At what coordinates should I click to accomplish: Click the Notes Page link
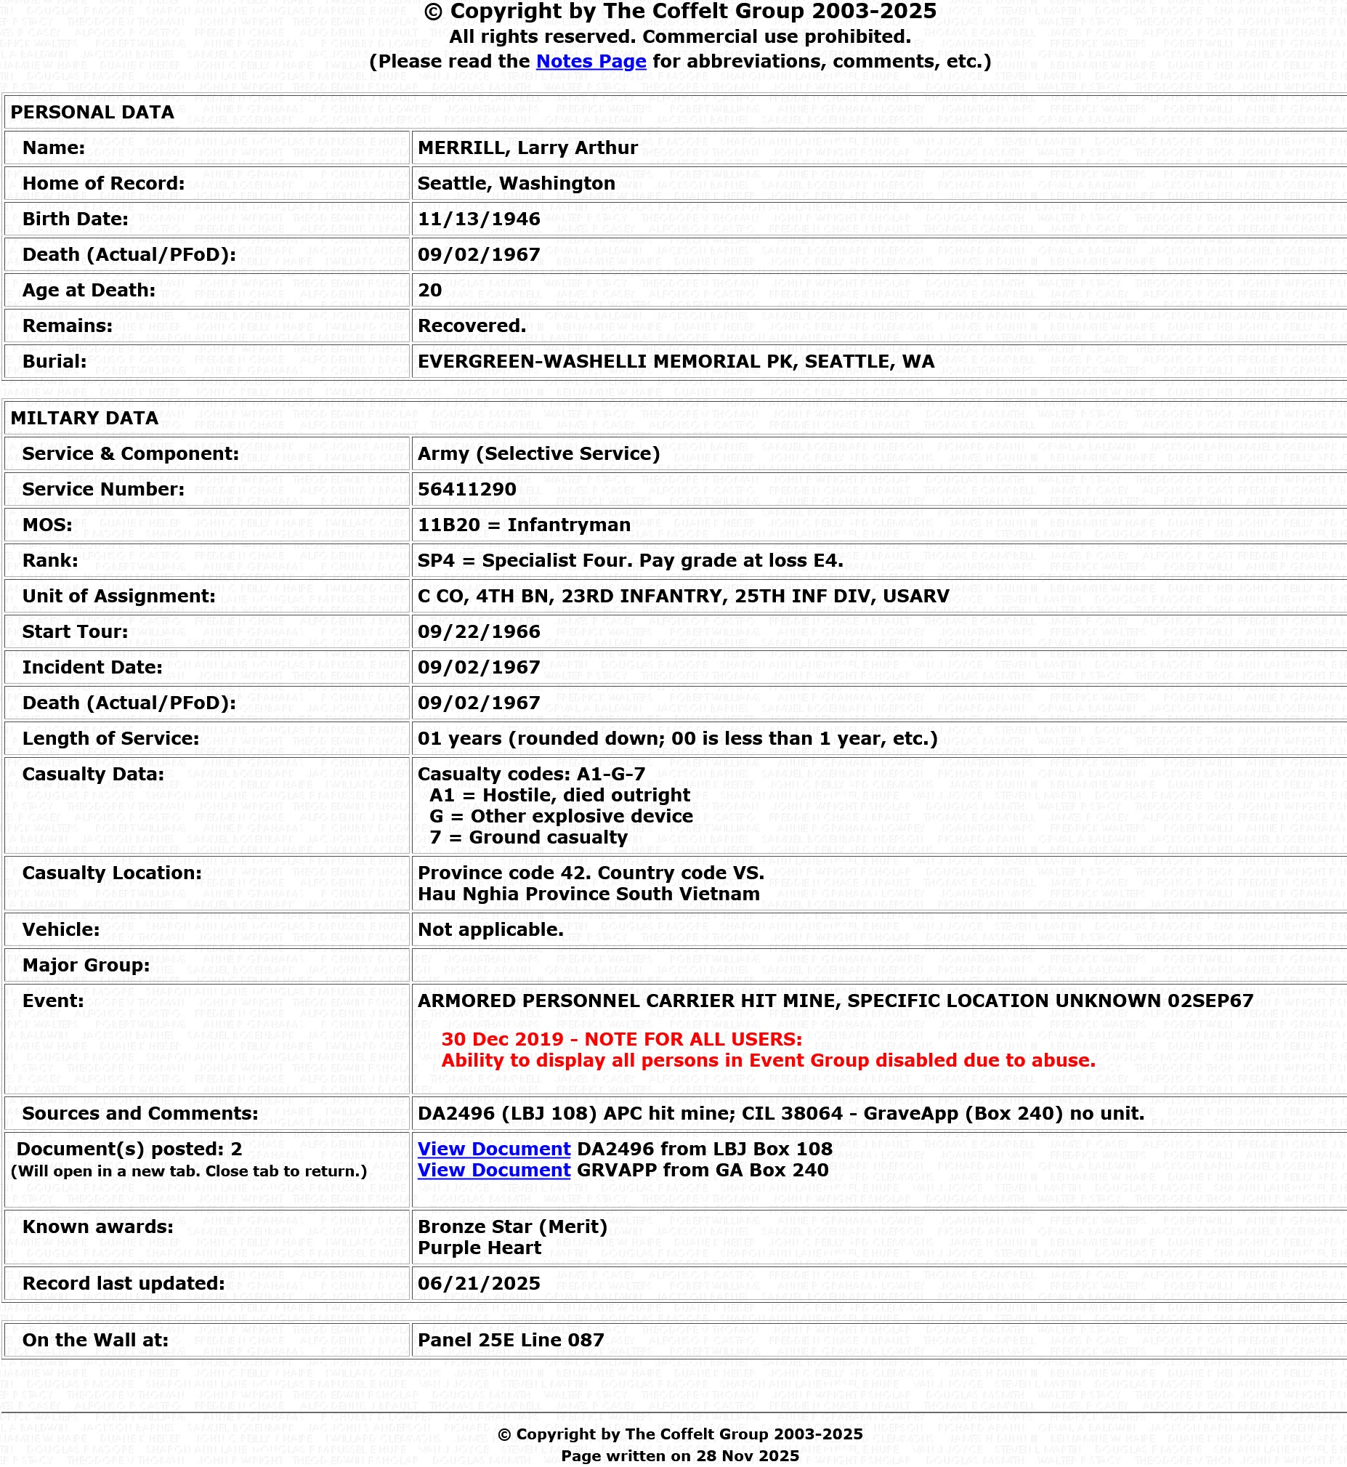(x=591, y=61)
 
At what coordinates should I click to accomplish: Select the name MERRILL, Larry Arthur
(x=527, y=148)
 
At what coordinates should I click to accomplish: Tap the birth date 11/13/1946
(x=478, y=219)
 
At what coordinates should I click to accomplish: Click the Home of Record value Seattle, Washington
(x=515, y=184)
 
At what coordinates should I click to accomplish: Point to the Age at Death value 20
(x=429, y=291)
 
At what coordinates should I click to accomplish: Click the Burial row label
(x=54, y=362)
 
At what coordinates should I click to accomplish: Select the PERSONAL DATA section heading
(x=92, y=112)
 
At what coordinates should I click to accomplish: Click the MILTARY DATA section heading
(x=84, y=419)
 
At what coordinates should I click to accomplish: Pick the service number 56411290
(x=466, y=490)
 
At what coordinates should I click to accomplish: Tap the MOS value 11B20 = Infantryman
(x=523, y=525)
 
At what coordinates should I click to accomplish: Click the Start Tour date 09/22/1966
(x=478, y=632)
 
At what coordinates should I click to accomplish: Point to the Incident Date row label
(x=92, y=668)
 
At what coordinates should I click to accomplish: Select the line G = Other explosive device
(x=560, y=816)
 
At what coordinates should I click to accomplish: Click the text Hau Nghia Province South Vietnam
(x=588, y=894)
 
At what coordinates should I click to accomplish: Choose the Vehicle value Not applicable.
(x=490, y=930)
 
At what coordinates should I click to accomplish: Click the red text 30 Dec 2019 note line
(x=621, y=1039)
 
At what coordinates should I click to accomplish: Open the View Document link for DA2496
(x=493, y=1149)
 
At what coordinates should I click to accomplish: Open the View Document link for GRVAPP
(x=493, y=1171)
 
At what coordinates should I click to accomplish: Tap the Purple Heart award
(x=479, y=1248)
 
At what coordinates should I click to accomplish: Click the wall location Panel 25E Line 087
(x=510, y=1340)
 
